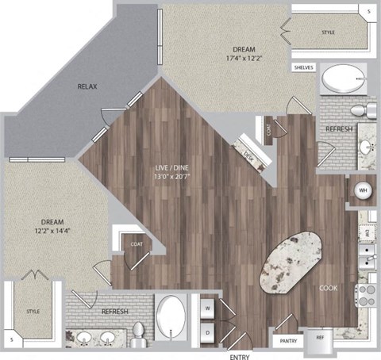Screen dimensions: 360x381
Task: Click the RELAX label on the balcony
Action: [87, 86]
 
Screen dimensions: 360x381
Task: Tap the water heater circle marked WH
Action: [361, 191]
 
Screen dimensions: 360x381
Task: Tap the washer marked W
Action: [206, 307]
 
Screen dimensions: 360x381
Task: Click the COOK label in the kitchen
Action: [329, 289]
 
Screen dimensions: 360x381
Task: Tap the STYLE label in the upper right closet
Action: [329, 33]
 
